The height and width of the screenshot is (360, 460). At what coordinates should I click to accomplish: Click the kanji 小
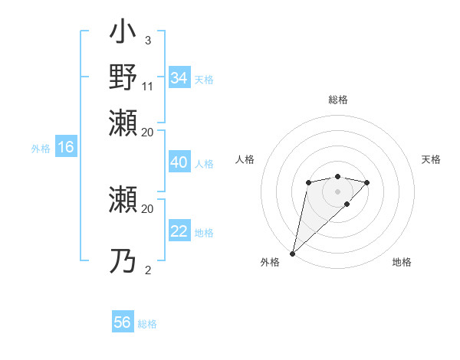click(123, 34)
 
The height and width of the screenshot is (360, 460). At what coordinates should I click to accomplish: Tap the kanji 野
click(123, 77)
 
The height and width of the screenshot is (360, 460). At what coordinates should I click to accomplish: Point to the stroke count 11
click(148, 87)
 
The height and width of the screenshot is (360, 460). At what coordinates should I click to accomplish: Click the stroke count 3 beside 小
click(147, 39)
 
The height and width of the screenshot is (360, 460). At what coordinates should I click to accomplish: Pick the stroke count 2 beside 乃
click(147, 270)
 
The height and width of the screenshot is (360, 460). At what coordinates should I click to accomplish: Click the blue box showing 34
click(179, 78)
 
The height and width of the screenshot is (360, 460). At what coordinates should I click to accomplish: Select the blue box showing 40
click(179, 163)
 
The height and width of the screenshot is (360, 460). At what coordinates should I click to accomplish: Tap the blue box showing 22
click(179, 232)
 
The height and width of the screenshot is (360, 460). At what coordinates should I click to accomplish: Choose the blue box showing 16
click(66, 148)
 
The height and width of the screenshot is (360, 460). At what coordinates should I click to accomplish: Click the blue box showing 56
click(123, 322)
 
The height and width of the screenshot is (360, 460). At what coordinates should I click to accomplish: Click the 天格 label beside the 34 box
click(204, 79)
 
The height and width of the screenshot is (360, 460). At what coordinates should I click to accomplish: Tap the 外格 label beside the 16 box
click(41, 149)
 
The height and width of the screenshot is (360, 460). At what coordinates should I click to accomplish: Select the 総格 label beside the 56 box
click(147, 323)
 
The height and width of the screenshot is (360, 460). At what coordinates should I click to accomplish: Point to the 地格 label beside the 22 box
click(204, 233)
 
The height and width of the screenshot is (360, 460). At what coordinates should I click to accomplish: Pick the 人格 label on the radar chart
click(245, 159)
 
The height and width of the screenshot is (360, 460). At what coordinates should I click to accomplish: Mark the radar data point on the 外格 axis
click(292, 254)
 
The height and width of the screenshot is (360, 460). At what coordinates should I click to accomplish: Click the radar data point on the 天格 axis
click(367, 182)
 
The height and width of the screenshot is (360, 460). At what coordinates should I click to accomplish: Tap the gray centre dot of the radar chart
click(337, 191)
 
